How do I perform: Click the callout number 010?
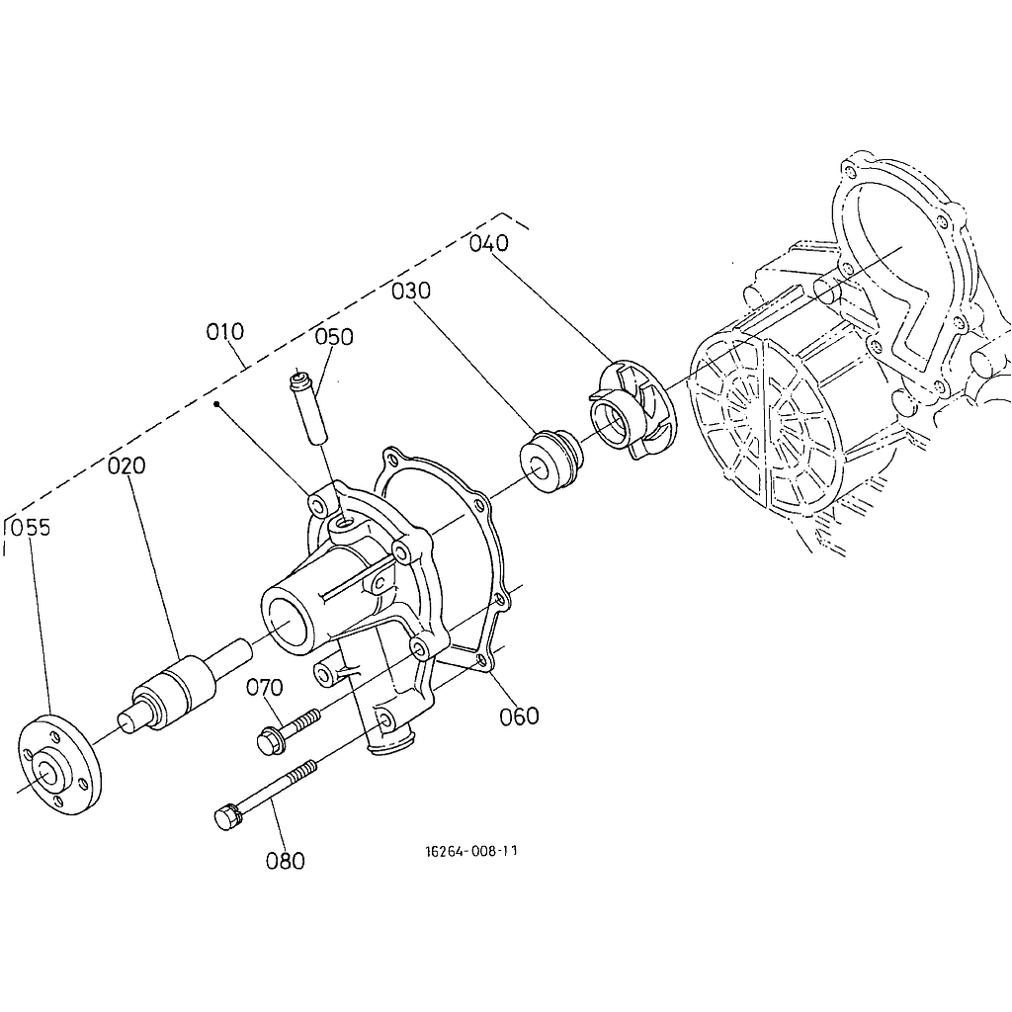225,332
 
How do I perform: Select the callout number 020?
126,465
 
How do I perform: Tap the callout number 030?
411,292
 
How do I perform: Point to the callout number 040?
489,243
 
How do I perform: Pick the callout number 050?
334,337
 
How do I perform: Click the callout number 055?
31,528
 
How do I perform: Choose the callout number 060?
520,716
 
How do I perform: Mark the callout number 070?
265,688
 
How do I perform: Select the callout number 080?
286,861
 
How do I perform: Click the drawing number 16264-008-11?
471,851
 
